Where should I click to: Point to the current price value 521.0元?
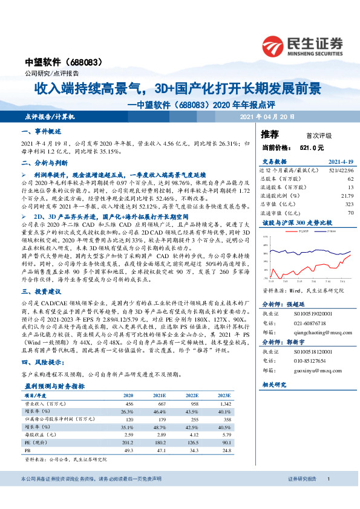(x=312, y=147)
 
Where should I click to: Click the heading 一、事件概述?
(x=42, y=132)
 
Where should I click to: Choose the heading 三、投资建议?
(x=42, y=291)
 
